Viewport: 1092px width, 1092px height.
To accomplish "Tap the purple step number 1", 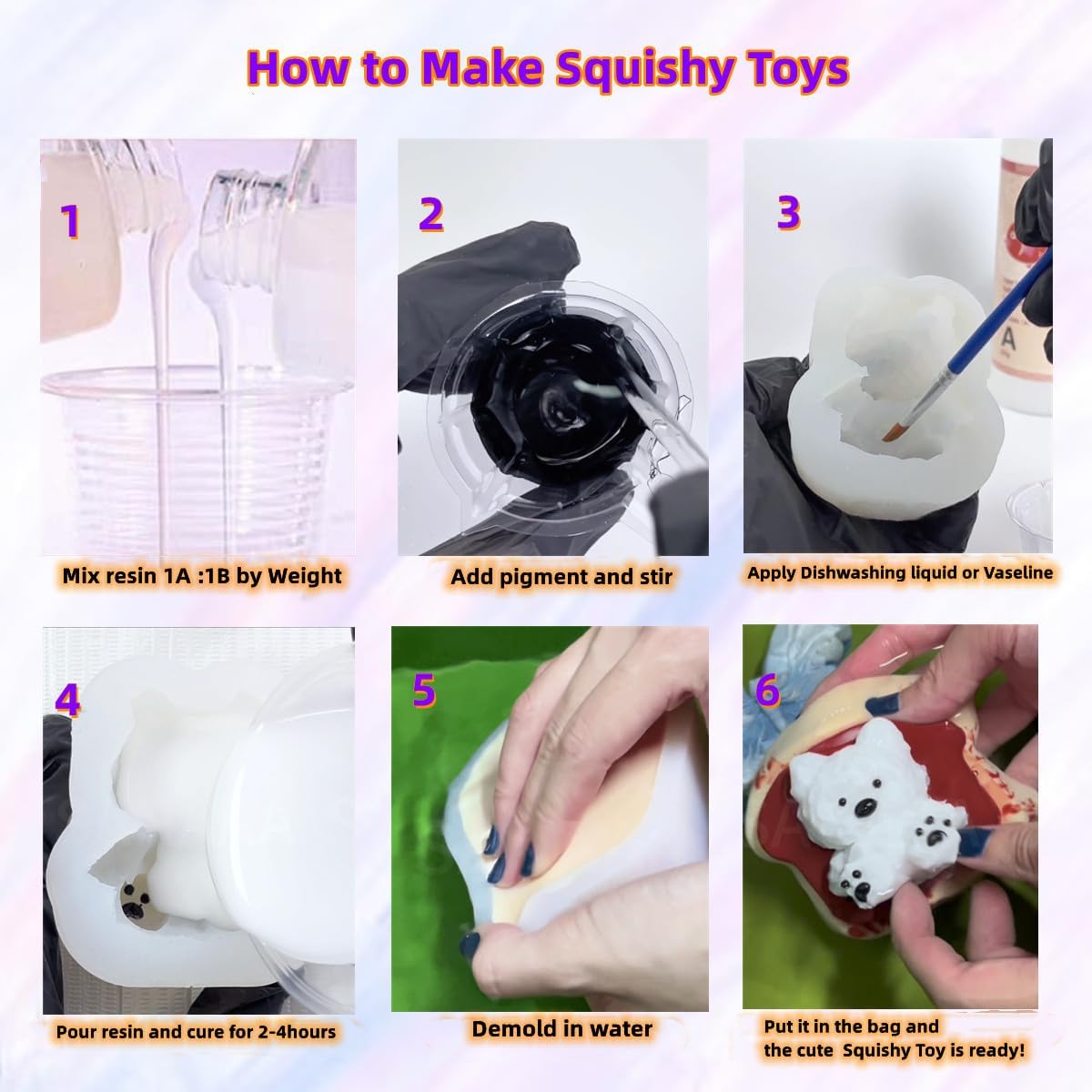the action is point(70,221).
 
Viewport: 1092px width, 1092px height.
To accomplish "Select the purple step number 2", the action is point(430,215).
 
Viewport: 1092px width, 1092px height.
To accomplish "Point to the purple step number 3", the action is point(788,213).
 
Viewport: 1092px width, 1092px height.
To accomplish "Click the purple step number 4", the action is point(67,701).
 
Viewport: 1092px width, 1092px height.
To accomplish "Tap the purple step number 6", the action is point(767,691).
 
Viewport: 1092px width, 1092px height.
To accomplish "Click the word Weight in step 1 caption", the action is point(304,576).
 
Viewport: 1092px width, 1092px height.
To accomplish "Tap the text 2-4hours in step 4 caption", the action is point(297,1032).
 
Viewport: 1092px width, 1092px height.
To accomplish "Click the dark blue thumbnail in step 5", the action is point(470,944).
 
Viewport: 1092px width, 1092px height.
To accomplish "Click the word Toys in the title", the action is point(795,69).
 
